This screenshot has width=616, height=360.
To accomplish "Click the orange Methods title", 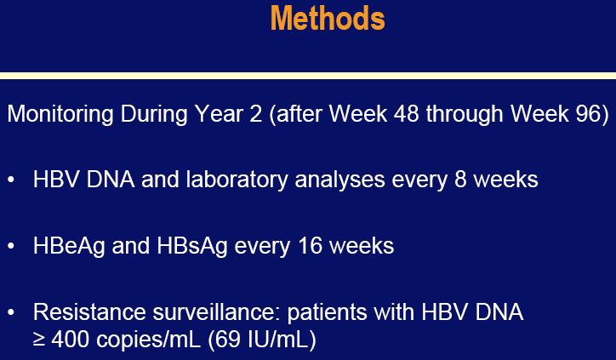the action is [328, 18].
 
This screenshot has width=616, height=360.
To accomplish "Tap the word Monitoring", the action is [60, 115].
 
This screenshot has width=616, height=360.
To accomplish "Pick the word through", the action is [465, 115].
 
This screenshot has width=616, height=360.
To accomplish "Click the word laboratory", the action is [237, 180].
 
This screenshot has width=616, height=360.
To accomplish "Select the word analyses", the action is [339, 180].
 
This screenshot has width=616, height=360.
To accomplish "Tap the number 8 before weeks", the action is [460, 180].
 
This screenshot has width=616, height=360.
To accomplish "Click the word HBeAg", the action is [69, 247].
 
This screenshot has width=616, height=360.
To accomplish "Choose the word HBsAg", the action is [192, 247].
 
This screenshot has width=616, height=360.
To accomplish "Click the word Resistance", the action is [89, 312].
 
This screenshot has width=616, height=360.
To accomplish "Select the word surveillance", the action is [217, 312].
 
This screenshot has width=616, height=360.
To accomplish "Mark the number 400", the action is [71, 340].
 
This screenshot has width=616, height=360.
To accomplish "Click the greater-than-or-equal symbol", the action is [39, 340].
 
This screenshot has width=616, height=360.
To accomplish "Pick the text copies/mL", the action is [149, 340].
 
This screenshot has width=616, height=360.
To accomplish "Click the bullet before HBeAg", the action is [10, 246].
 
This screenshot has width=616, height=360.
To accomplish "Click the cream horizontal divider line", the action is [308, 76].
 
